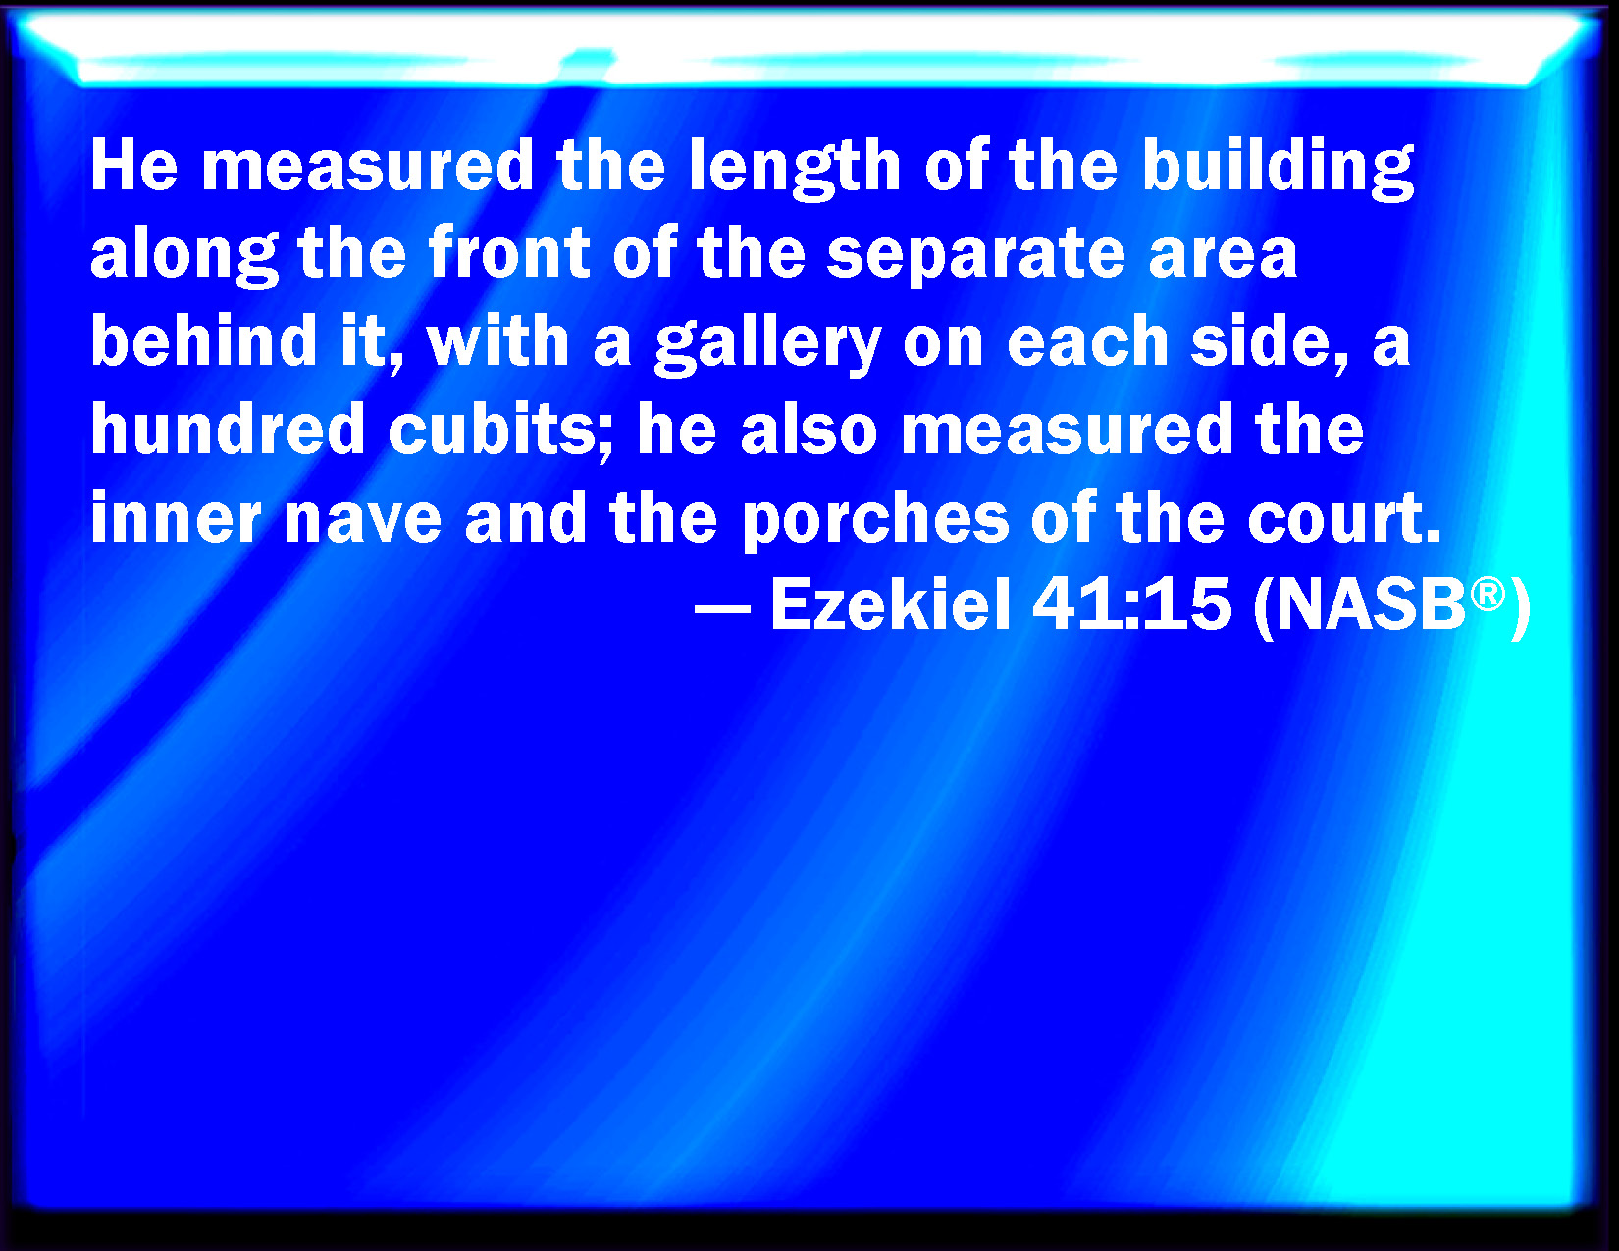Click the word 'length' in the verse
[795, 169]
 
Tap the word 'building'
[1279, 169]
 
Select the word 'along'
[184, 256]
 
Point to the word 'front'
[509, 252]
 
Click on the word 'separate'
[976, 256]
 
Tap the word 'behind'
[204, 339]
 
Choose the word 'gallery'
[768, 343]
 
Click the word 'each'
[1087, 339]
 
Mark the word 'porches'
[875, 520]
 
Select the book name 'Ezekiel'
[891, 604]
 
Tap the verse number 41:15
[1131, 604]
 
